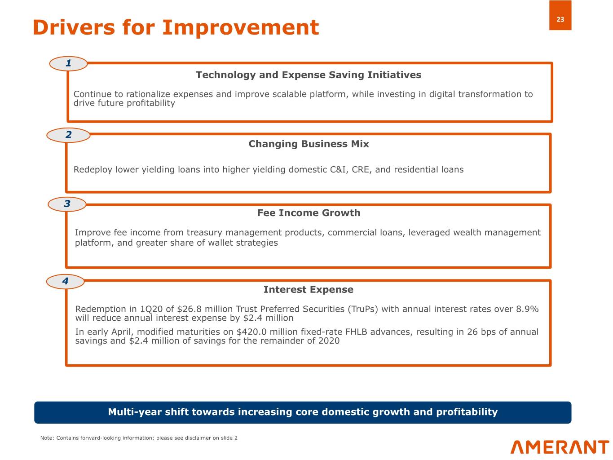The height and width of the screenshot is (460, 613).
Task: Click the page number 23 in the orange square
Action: tap(560, 19)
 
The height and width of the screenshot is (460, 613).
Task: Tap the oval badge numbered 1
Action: tap(68, 63)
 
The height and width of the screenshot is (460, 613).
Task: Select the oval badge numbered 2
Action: tap(68, 135)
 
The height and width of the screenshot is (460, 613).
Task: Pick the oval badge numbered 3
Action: tap(67, 204)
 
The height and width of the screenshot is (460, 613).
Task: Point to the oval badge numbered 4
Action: tap(66, 281)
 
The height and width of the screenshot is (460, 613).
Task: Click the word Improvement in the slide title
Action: tap(240, 27)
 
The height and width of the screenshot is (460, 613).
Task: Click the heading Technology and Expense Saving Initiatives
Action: tap(309, 75)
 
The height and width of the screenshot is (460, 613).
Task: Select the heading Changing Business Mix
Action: tap(309, 144)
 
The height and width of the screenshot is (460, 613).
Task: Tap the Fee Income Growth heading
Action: tap(309, 213)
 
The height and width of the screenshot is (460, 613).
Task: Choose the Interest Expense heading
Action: tap(309, 290)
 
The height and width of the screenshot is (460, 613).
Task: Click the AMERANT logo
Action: tap(560, 447)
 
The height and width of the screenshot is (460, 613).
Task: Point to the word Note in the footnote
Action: tap(46, 438)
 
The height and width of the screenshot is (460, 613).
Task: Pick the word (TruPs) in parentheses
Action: tap(363, 309)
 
